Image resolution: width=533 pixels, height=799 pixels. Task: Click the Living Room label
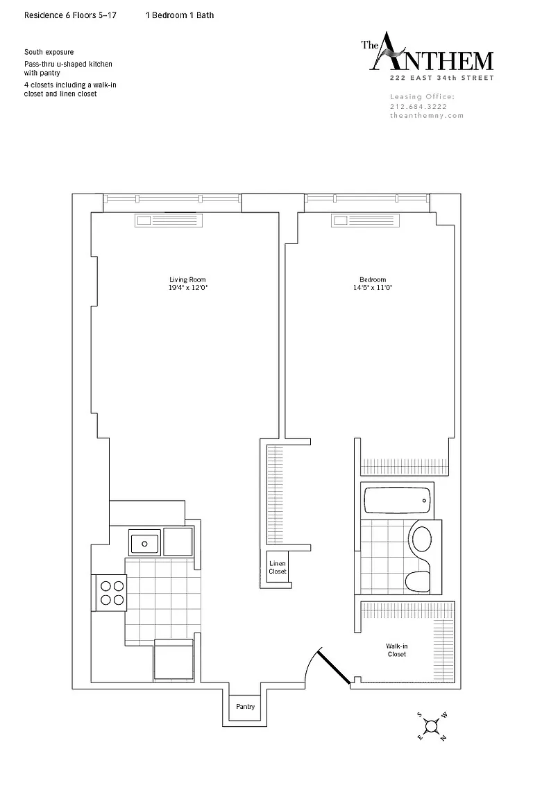[187, 280]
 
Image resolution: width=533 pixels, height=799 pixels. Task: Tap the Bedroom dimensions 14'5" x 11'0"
[372, 287]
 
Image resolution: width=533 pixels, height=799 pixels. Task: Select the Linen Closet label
[278, 567]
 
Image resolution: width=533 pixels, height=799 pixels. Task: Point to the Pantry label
[246, 707]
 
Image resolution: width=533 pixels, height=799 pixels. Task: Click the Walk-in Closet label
[397, 650]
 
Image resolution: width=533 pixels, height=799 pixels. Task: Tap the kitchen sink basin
[145, 543]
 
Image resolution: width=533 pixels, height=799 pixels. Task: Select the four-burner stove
[109, 592]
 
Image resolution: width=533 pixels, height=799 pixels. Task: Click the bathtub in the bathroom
[397, 500]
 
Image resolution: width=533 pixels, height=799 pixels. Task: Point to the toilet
[418, 579]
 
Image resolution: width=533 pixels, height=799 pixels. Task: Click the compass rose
[432, 725]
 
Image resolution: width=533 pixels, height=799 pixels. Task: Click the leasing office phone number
[418, 107]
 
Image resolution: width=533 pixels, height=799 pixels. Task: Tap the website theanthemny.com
[427, 116]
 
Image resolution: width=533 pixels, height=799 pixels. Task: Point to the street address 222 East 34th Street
[441, 78]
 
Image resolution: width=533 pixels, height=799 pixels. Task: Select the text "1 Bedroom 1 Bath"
[180, 15]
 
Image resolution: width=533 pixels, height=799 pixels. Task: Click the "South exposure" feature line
[49, 52]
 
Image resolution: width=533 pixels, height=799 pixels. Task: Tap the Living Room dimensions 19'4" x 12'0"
[187, 287]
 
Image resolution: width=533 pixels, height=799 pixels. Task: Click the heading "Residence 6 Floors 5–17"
[70, 15]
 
